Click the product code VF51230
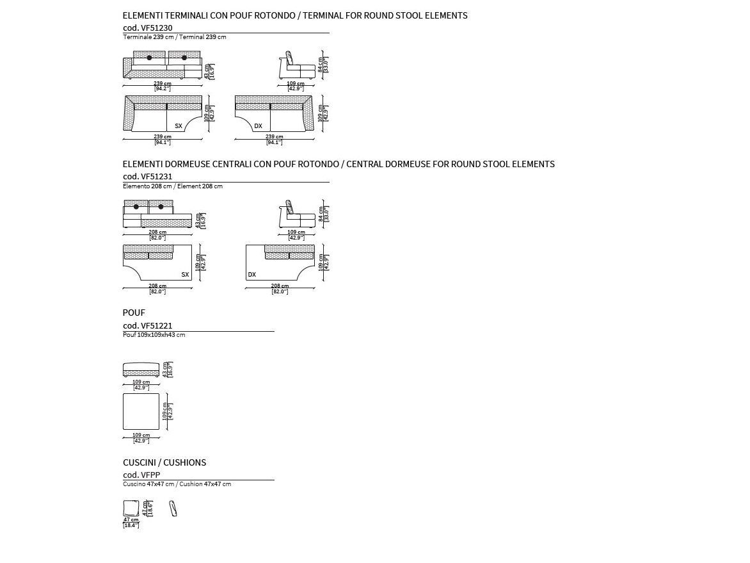[147, 28]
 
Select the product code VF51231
[147, 176]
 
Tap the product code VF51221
[147, 325]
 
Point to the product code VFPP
[141, 475]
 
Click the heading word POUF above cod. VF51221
[134, 313]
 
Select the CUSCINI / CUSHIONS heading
[164, 462]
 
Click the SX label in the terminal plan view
[179, 126]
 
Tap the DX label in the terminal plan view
[258, 126]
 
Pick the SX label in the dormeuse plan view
[185, 275]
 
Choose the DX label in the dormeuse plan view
[251, 275]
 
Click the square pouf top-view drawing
[141, 411]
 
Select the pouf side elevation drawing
[141, 370]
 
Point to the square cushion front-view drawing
[131, 508]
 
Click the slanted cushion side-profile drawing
[172, 509]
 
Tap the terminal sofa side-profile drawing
[296, 66]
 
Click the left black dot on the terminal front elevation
[150, 58]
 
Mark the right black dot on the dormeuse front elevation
[161, 206]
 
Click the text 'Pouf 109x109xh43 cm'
[154, 335]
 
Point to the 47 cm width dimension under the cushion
[131, 520]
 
